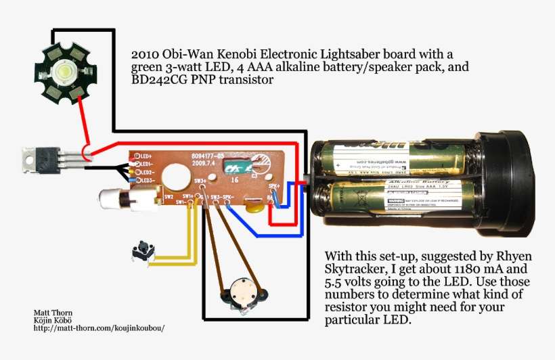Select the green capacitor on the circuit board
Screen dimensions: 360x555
coord(238,166)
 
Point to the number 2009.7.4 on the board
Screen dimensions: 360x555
coord(204,162)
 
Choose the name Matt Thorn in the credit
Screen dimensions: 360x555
coord(50,313)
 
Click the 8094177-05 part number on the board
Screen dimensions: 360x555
coord(208,154)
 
